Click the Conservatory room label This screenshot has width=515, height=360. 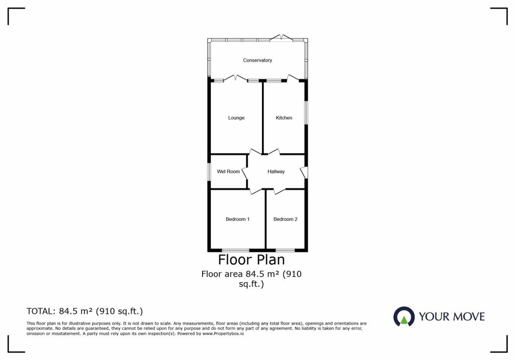point(257,60)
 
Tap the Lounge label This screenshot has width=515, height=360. point(236,118)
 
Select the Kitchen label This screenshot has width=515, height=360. point(284,118)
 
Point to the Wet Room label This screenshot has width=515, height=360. point(228,171)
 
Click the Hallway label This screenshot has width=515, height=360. point(276,171)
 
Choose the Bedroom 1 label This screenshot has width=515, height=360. point(237,219)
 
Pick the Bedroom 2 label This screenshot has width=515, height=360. point(286,219)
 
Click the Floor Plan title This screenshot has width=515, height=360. point(251,259)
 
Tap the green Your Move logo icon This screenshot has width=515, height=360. point(404,317)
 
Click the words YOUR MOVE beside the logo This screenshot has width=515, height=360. point(452,317)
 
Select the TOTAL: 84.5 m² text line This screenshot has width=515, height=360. point(84,311)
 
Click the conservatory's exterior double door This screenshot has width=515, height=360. point(281,37)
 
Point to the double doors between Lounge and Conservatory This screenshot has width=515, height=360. point(235,78)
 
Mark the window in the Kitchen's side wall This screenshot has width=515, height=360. point(306,113)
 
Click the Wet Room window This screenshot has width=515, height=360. point(209,172)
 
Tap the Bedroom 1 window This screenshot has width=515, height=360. point(236,250)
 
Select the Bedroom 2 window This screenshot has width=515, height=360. point(285,250)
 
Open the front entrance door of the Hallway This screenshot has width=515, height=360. point(304,172)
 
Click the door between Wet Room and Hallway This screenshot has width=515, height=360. point(245,172)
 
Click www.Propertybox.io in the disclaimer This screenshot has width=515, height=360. point(223,334)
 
